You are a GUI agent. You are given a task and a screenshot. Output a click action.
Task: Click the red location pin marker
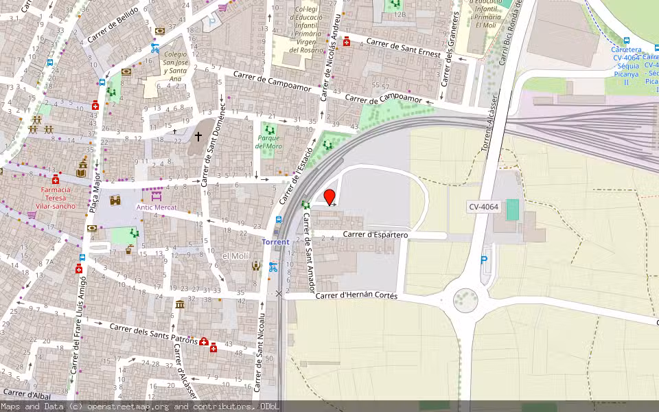(x=329, y=196)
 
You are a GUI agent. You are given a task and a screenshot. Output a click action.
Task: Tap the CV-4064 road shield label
(x=483, y=206)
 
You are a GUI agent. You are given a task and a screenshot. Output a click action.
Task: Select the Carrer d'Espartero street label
(x=375, y=235)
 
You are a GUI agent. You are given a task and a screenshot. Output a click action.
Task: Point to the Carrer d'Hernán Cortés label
(x=356, y=295)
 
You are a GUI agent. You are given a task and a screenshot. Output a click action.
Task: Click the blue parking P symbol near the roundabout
(x=484, y=261)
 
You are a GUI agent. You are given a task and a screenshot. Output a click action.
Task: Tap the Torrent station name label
(x=276, y=242)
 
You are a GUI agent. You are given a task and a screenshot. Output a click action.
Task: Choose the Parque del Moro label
(x=269, y=141)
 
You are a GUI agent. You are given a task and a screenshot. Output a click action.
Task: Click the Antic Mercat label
(x=156, y=207)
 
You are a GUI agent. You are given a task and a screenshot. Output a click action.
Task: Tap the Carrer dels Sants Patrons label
(x=154, y=334)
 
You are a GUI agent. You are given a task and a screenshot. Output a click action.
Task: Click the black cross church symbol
(x=198, y=137)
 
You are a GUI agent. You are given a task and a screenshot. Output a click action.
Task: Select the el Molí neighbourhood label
(x=235, y=256)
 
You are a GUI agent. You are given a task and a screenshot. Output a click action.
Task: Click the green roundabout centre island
(x=465, y=299)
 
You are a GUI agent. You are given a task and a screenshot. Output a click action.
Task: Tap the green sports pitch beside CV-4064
(x=512, y=209)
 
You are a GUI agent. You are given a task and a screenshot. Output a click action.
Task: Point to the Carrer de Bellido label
(x=113, y=24)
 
